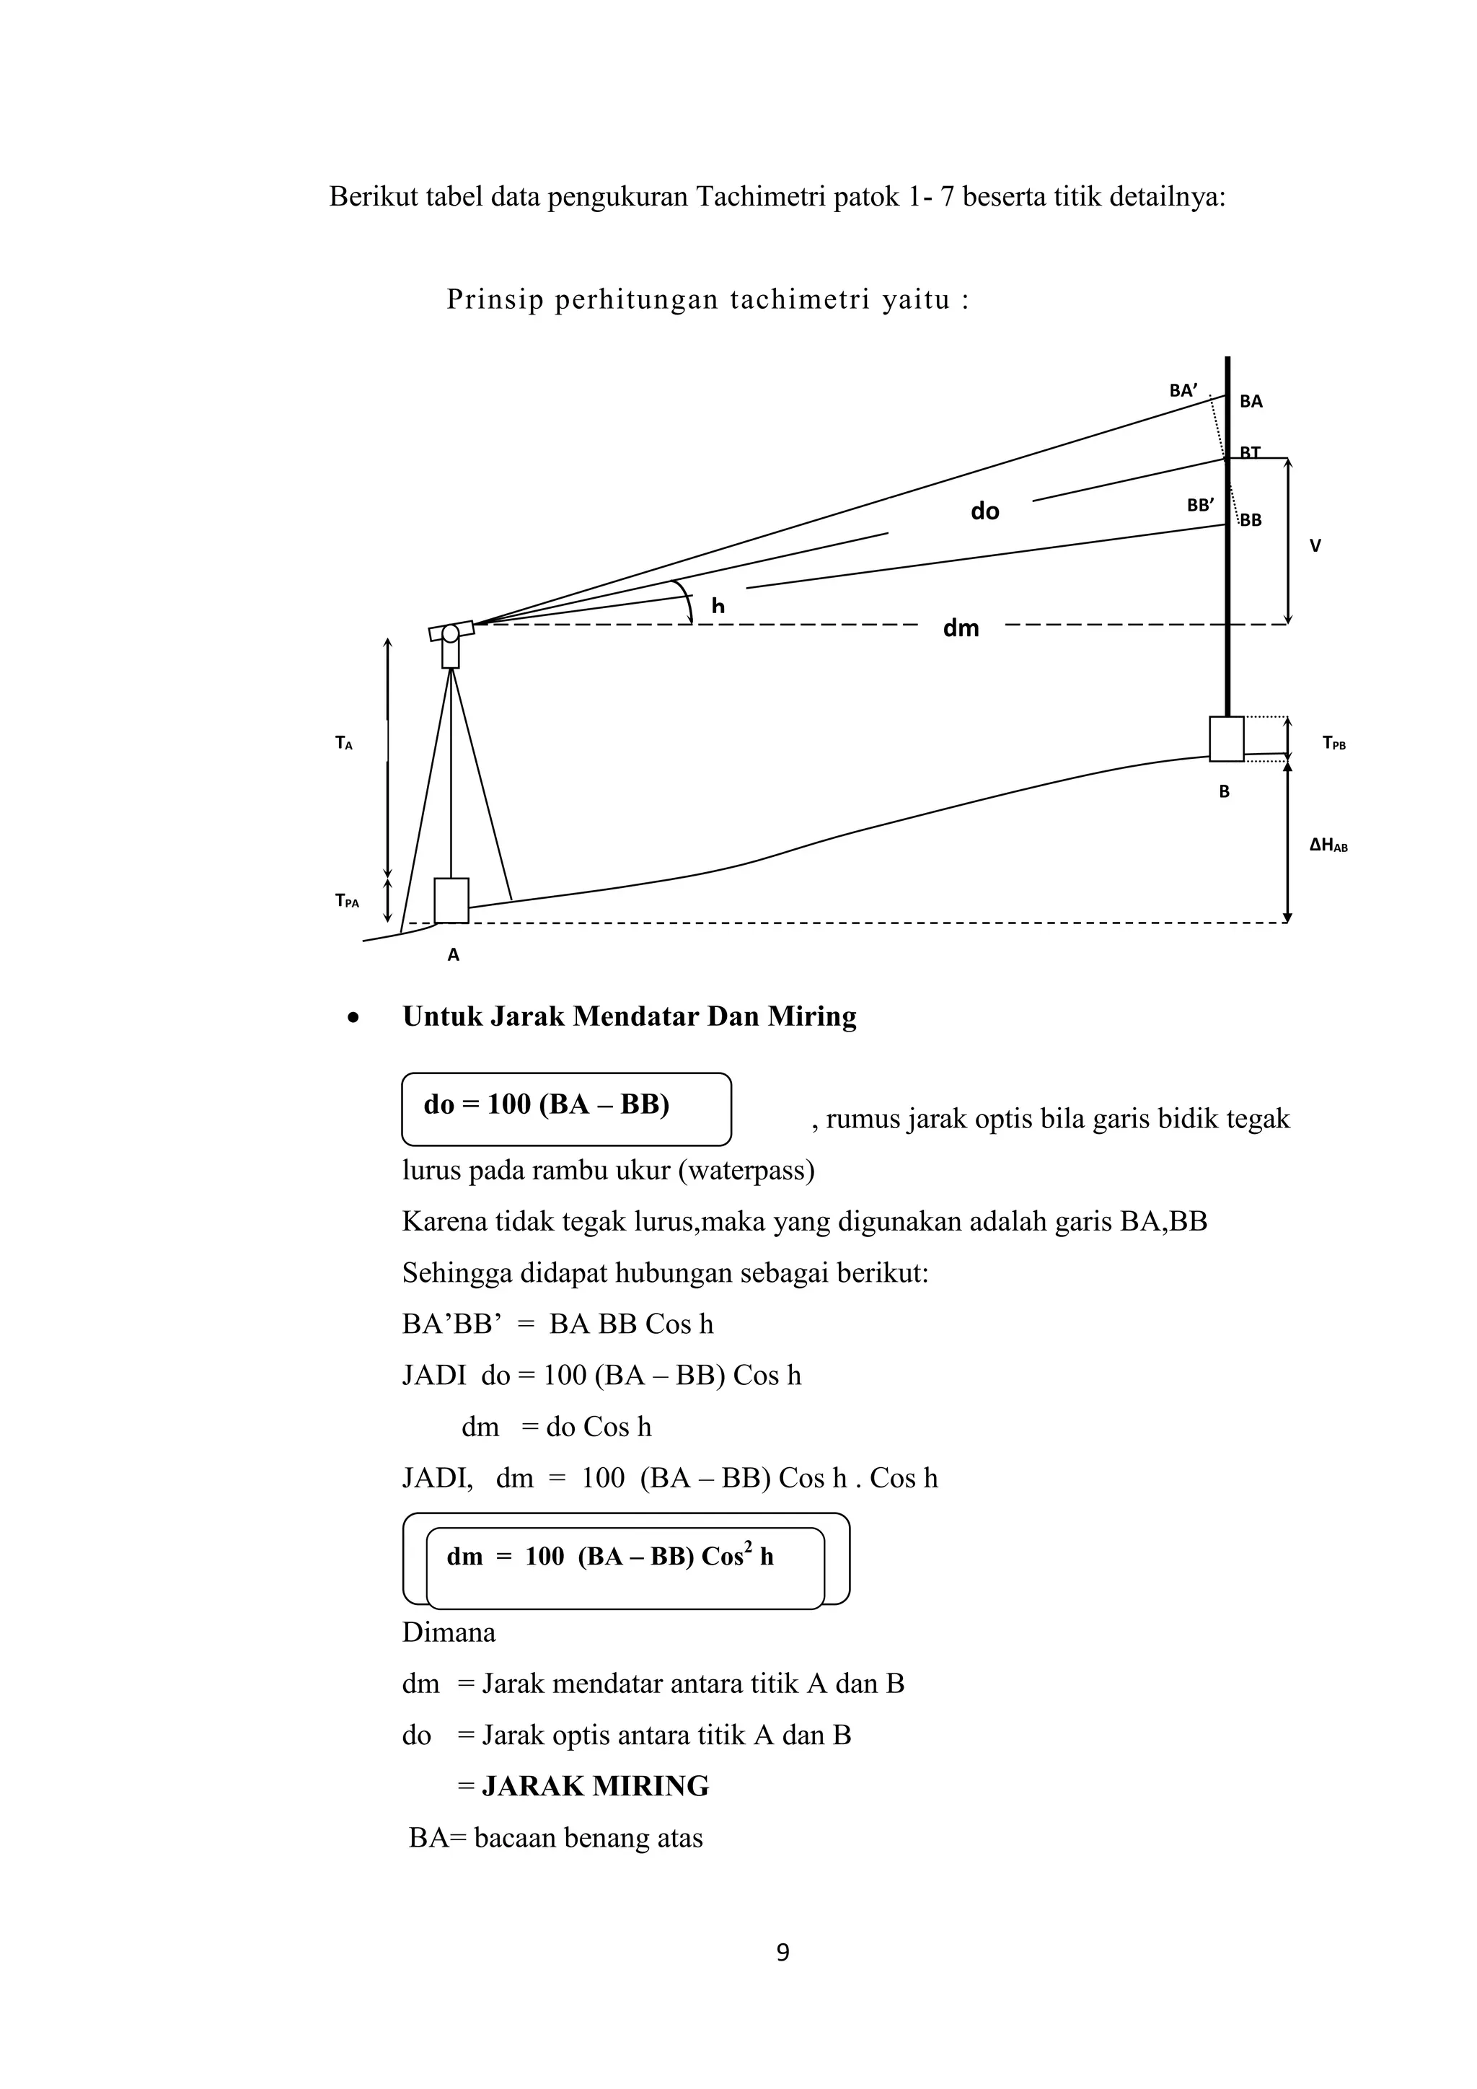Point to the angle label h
(718, 606)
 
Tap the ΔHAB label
(1328, 845)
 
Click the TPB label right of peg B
(1333, 744)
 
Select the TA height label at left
(343, 744)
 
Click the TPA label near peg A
(346, 902)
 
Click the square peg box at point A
(451, 901)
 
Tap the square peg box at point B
(1226, 739)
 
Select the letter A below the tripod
(453, 955)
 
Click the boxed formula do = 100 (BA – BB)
(565, 1107)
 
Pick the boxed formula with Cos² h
(626, 1557)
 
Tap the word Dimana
(449, 1632)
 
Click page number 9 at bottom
(782, 1953)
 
